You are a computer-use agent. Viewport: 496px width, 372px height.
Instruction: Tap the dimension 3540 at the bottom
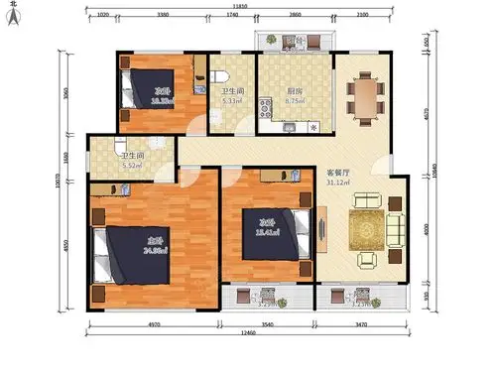coord(262,323)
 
